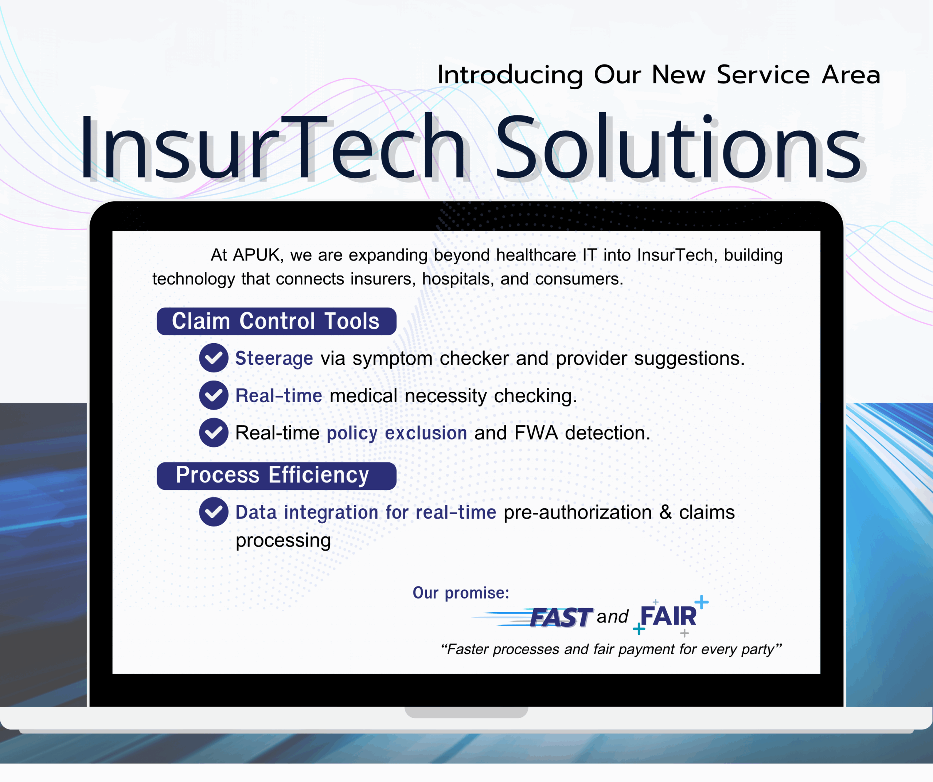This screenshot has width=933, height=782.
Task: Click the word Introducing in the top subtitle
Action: tap(510, 75)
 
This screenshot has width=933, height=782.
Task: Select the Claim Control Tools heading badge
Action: tap(276, 321)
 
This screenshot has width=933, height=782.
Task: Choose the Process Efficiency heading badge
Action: tap(276, 476)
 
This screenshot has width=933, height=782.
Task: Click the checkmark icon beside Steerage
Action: tap(214, 358)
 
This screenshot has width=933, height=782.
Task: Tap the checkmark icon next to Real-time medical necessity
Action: tap(214, 395)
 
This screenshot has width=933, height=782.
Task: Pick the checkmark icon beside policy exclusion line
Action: tap(214, 432)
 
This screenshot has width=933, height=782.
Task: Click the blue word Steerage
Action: tap(274, 358)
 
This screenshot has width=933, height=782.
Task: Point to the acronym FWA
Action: tap(536, 433)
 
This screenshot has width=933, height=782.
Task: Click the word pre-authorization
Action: tap(578, 512)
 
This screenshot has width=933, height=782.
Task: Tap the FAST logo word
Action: tap(561, 617)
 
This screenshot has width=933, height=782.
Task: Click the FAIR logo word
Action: tap(668, 616)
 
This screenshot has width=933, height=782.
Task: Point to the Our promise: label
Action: tap(461, 593)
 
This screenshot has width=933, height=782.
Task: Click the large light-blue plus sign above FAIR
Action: tap(701, 602)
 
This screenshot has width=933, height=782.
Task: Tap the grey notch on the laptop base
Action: tap(466, 712)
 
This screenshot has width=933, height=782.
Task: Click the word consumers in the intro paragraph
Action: tap(579, 279)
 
